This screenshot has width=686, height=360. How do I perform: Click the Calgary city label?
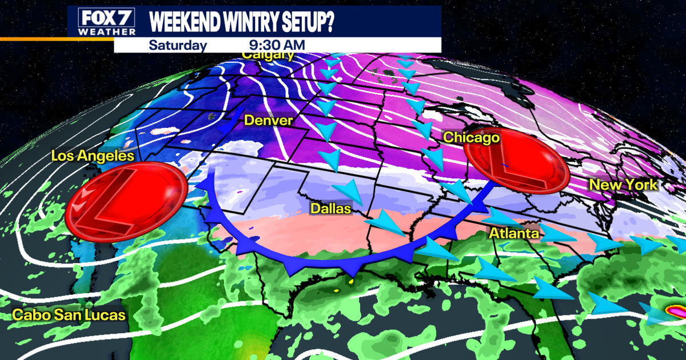[268, 55]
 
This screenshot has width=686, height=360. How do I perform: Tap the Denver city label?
[268, 121]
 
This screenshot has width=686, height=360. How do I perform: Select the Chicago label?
[472, 137]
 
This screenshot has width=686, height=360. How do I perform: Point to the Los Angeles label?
[92, 155]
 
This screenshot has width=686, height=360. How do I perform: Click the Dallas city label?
[330, 209]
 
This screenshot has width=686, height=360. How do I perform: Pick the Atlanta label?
[513, 233]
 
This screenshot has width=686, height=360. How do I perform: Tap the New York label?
[624, 185]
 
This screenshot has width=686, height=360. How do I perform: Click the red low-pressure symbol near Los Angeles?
[126, 201]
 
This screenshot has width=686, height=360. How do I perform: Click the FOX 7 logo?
[102, 17]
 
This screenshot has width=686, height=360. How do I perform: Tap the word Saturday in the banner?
[177, 45]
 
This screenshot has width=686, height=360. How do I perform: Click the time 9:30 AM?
[277, 45]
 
